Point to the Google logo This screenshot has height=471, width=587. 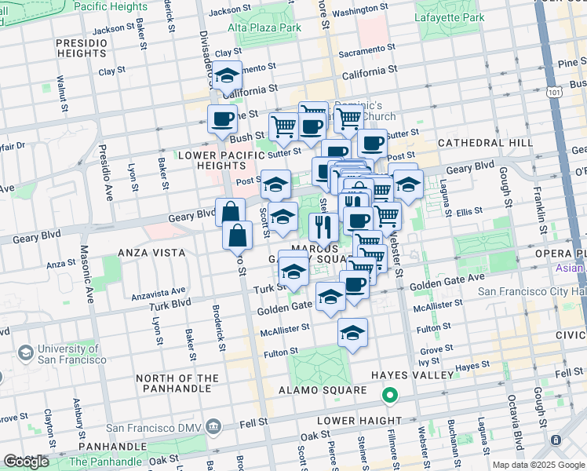tap(26, 462)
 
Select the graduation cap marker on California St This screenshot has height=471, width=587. tap(227, 77)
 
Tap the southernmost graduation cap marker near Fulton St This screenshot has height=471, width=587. tap(353, 333)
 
